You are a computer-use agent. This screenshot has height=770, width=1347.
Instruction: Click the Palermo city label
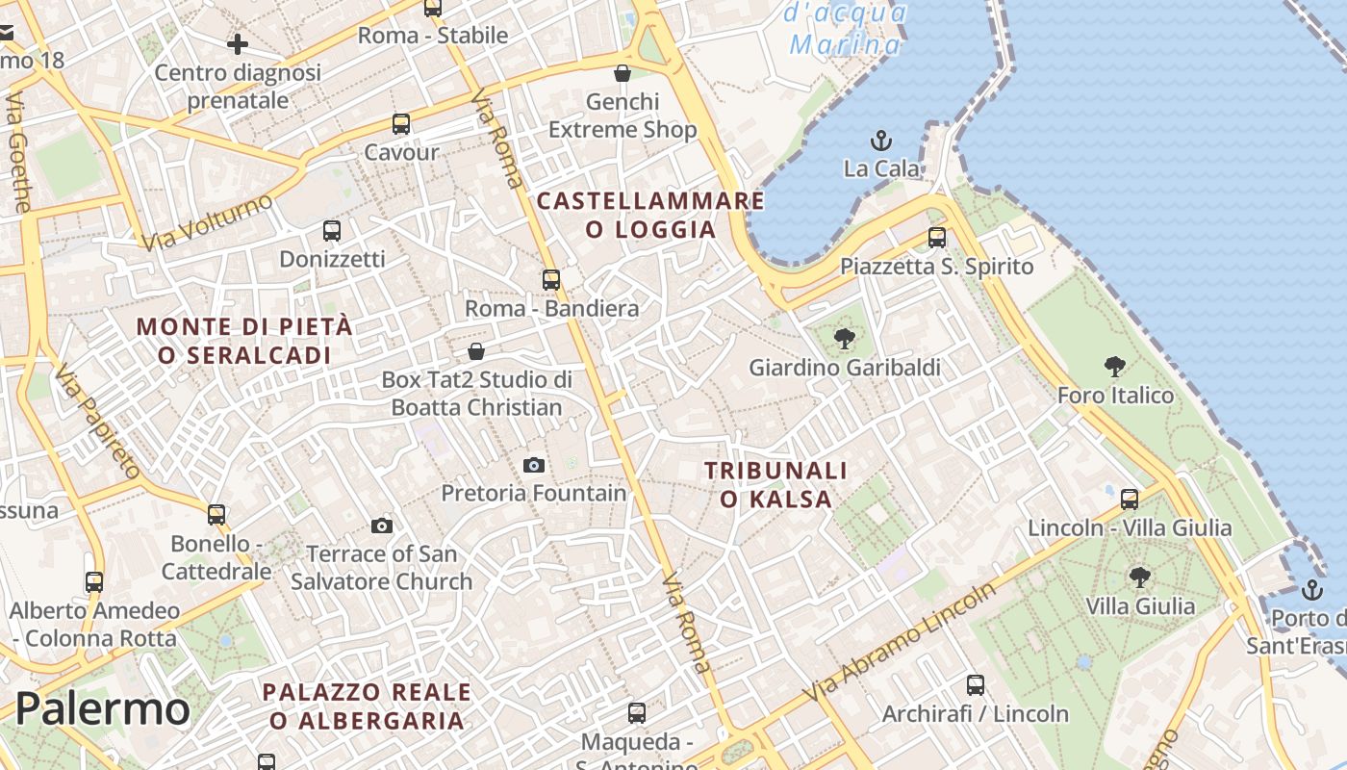coord(102,709)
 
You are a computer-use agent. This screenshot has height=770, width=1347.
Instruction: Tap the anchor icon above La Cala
coord(881,141)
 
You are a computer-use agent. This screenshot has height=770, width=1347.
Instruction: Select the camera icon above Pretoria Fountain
coord(534,466)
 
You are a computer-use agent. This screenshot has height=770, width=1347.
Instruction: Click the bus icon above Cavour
coord(401,124)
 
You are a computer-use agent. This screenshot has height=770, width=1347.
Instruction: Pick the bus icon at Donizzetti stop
coord(332,231)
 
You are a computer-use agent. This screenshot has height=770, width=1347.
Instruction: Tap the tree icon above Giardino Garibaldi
coord(845,338)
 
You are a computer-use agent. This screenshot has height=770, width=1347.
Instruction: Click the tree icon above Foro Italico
coord(1115,367)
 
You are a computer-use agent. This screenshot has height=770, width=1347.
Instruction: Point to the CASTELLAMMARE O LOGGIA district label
coord(650,215)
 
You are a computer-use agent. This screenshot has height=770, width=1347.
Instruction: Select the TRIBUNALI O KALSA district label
coord(775,484)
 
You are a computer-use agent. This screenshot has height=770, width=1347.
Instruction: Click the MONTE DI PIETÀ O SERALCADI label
coord(244,341)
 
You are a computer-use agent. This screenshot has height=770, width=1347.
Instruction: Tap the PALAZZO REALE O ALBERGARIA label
coord(367,706)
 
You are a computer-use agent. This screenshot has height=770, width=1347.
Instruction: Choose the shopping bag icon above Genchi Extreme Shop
coord(623,73)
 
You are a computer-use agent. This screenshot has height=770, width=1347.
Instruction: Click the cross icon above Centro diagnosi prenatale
coord(238,43)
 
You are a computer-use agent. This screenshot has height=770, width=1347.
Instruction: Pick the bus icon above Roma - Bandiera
coord(551,280)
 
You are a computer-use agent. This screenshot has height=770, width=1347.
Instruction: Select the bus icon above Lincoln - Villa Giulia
coord(1130,500)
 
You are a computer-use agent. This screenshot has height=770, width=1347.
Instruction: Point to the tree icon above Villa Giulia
coord(1140,577)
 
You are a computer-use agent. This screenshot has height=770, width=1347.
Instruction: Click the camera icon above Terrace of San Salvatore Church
coord(382,526)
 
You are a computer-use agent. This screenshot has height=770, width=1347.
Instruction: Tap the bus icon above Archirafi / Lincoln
coord(976,685)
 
